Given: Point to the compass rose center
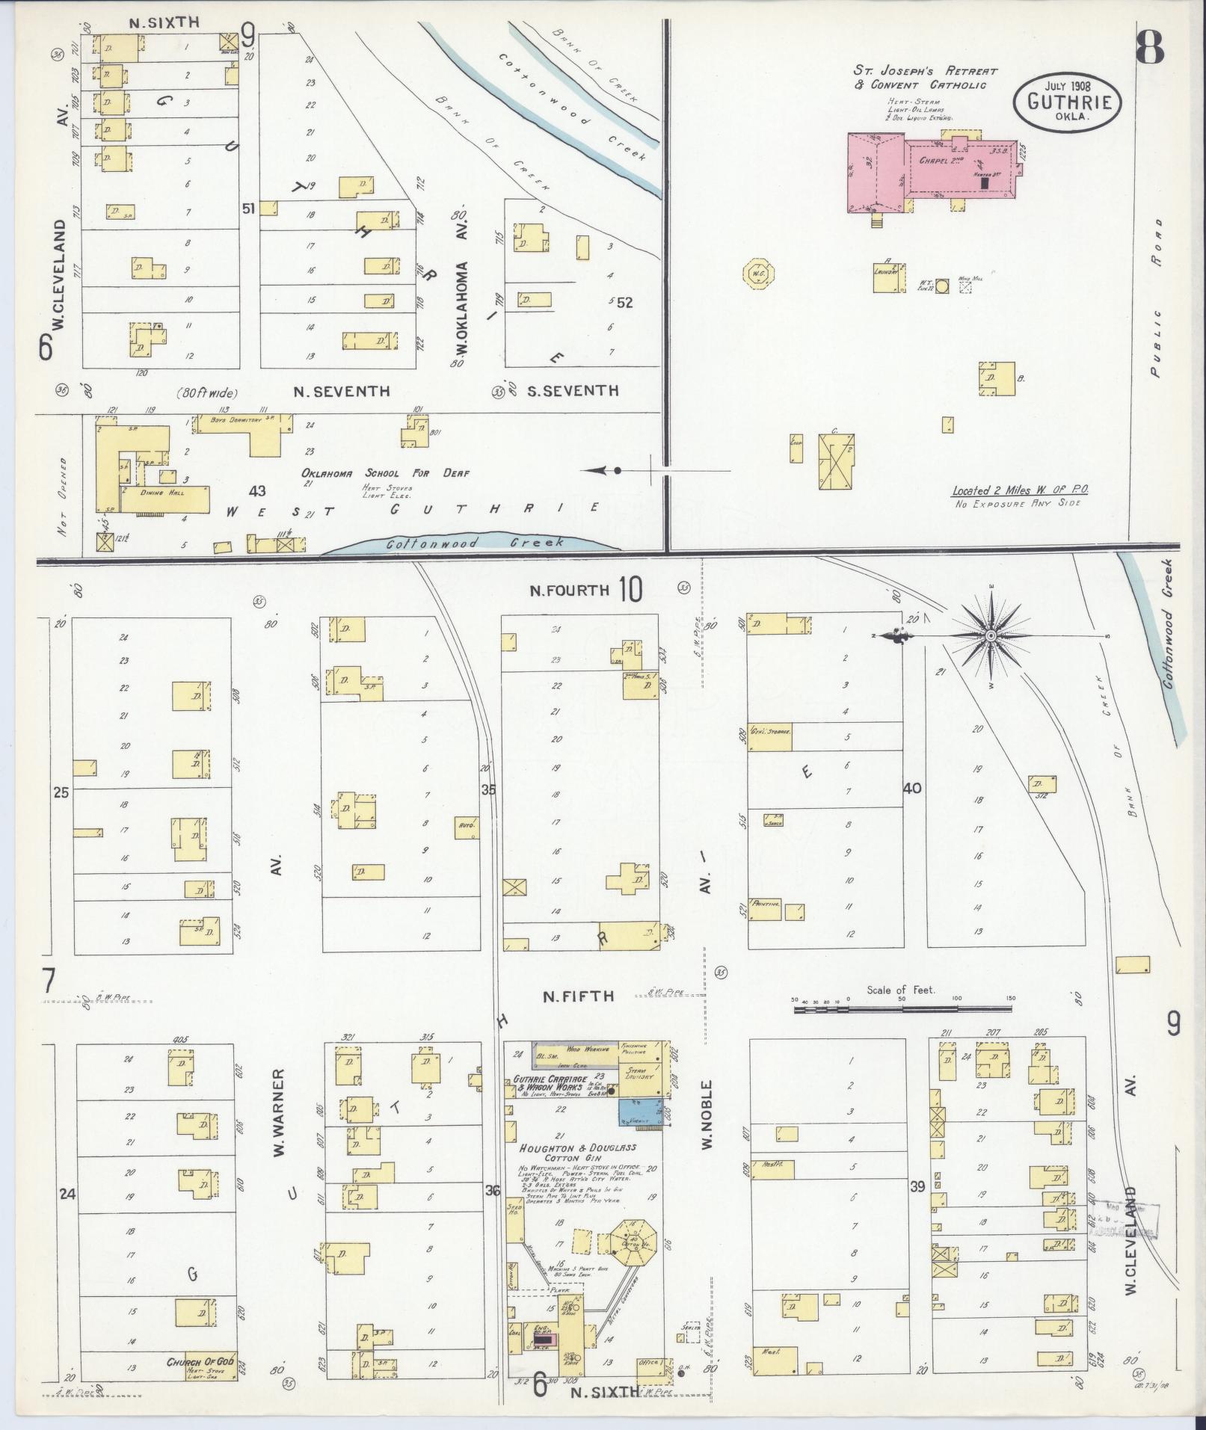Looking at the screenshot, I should coord(991,636).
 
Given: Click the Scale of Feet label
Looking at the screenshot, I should coord(901,990).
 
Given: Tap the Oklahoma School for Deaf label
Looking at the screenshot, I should coord(385,473).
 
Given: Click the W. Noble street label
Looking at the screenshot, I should coord(707,1125).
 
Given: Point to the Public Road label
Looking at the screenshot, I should coord(1157,299).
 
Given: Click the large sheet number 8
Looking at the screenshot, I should coord(1148,49).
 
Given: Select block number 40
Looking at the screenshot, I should coord(912,788).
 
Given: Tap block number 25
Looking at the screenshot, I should coord(61,792).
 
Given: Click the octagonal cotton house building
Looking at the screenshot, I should coord(633,1242).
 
